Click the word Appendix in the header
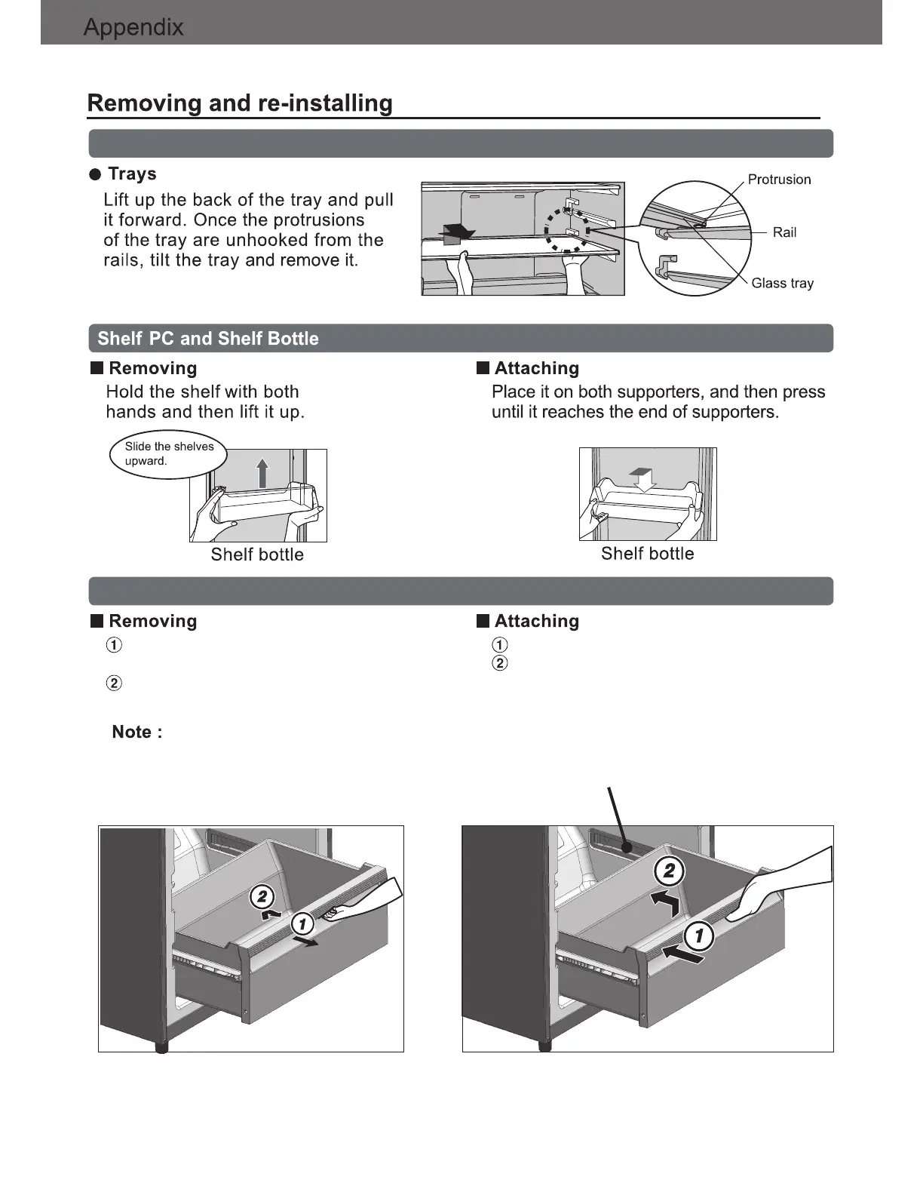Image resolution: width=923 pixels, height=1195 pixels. [133, 28]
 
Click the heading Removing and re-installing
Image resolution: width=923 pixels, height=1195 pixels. [240, 103]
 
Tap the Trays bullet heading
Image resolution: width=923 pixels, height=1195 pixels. [132, 174]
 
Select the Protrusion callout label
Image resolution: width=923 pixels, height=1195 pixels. [779, 180]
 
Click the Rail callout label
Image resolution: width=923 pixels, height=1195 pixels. [784, 232]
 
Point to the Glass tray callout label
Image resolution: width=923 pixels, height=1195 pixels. [782, 283]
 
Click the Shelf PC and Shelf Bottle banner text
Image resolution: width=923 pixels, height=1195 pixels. [208, 339]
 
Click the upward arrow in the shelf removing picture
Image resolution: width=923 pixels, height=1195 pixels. [262, 473]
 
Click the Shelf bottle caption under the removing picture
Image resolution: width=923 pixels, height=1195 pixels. [257, 554]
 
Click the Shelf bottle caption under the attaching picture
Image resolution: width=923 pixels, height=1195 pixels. [647, 554]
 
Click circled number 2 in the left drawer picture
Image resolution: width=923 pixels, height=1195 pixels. [262, 897]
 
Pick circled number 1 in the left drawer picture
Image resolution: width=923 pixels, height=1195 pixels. [302, 923]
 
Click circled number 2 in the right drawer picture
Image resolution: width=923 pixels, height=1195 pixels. [669, 871]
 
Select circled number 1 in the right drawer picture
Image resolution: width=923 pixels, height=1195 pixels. [699, 936]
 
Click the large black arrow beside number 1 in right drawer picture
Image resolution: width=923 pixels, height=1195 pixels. [683, 955]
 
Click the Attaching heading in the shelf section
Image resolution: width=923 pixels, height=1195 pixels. [536, 368]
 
